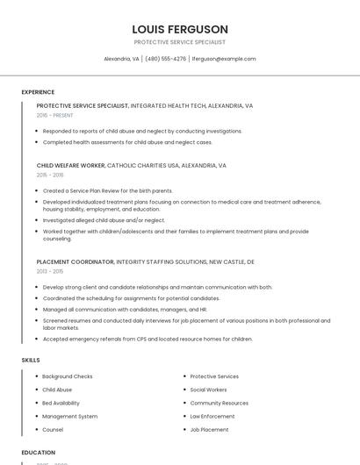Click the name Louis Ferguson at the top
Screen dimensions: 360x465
180,29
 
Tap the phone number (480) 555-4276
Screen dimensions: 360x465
166,59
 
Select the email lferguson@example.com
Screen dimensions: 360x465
224,59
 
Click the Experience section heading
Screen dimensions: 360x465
38,92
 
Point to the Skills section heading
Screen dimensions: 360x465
31,360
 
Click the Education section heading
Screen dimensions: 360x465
39,453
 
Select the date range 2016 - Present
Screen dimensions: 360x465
54,115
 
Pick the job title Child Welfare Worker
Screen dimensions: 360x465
71,165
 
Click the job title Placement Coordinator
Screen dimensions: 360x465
76,261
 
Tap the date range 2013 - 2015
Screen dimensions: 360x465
50,271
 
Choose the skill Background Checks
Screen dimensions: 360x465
68,376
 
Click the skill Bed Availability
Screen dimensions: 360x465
61,403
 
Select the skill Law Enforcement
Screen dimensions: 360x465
212,416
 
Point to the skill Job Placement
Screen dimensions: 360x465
209,430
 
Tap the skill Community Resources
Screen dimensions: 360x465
220,403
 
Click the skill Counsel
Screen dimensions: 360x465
53,430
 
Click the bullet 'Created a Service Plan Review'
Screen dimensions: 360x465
107,190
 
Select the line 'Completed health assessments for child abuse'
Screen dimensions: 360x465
127,142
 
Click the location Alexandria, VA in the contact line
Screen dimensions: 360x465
121,59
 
